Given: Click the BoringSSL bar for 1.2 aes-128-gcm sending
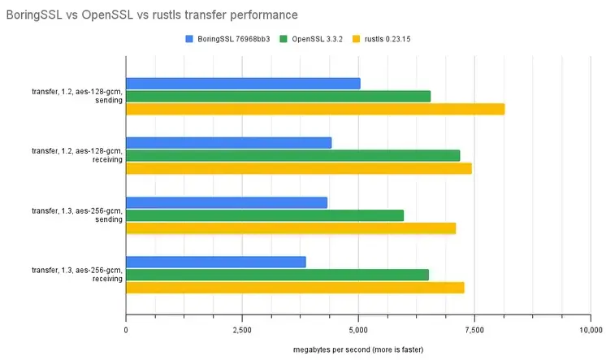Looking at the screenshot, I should [x=243, y=83].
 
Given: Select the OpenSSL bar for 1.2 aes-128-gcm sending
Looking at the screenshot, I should [x=278, y=96].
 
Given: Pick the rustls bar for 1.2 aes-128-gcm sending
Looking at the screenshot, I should [x=315, y=109].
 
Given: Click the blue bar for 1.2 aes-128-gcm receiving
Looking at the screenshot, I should [x=228, y=142].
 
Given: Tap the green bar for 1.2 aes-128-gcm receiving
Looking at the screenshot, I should [x=292, y=155].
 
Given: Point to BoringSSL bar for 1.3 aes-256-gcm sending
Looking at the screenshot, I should [x=227, y=202].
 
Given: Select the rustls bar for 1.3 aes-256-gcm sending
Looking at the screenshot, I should [x=291, y=228].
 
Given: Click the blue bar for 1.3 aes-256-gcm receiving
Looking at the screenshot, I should [x=216, y=262].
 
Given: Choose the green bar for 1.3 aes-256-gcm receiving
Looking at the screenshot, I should [x=277, y=275].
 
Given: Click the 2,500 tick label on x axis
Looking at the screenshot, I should [x=242, y=329].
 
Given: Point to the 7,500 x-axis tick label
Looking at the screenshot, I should [x=474, y=329].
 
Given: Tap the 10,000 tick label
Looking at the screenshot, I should [x=591, y=329].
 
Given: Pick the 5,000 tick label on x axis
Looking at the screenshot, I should [x=358, y=329].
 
